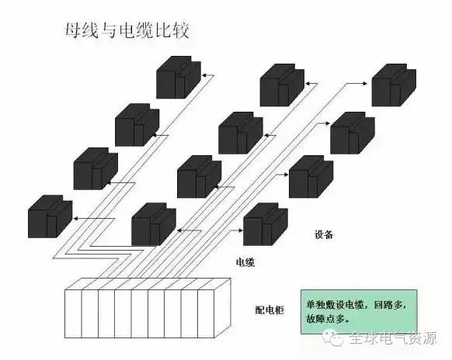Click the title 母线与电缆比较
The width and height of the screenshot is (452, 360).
[127, 30]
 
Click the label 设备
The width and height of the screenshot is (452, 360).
[324, 235]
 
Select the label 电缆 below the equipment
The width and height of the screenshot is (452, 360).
[245, 262]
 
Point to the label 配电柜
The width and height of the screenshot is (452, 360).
[269, 310]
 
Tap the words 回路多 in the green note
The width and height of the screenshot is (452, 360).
[388, 305]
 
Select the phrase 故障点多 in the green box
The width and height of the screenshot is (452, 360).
[325, 319]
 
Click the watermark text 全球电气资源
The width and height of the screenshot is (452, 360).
[394, 338]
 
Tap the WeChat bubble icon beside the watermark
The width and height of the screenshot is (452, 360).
[333, 337]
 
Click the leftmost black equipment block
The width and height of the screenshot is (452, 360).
[50, 216]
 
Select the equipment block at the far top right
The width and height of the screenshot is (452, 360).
[394, 85]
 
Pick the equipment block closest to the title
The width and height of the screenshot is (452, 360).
[179, 77]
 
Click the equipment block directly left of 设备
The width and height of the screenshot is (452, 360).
[266, 224]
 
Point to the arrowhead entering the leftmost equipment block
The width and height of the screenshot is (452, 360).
[75, 219]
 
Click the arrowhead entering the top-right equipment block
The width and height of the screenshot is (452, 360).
[365, 84]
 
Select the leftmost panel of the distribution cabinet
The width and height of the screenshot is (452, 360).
[73, 313]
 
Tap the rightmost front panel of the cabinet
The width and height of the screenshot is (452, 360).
[206, 313]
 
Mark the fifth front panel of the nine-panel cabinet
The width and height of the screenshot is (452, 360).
[140, 313]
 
